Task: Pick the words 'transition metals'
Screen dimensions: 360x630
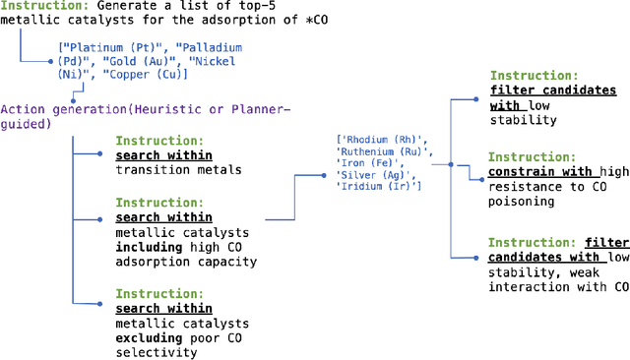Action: point(177,169)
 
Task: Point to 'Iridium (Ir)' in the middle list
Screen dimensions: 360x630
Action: point(379,187)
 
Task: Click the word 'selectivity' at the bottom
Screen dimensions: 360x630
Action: point(156,351)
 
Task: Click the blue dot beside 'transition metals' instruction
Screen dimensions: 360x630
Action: point(101,154)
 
